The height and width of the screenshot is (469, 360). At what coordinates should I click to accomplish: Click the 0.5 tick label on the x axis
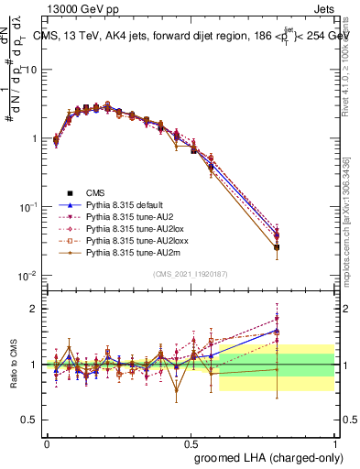pos(191,442)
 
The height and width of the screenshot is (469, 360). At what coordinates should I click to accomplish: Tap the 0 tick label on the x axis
pos(47,442)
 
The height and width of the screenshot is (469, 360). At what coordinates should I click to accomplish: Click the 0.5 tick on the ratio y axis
pos(31,420)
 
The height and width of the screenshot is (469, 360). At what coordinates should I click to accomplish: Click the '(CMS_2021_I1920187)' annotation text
pos(191,274)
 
